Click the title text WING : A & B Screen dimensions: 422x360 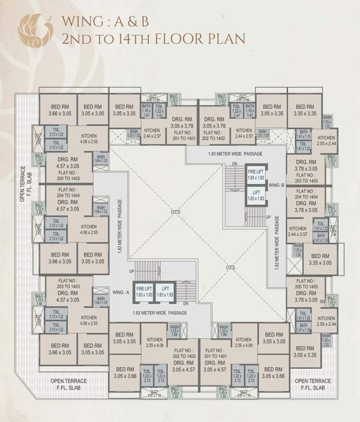tap(106, 22)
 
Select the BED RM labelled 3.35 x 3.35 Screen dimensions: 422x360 tap(304, 110)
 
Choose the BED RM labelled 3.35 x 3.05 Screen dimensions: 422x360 tap(319, 259)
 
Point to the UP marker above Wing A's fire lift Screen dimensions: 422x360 tap(131, 271)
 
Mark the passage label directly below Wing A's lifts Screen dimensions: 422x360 tap(159, 313)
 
